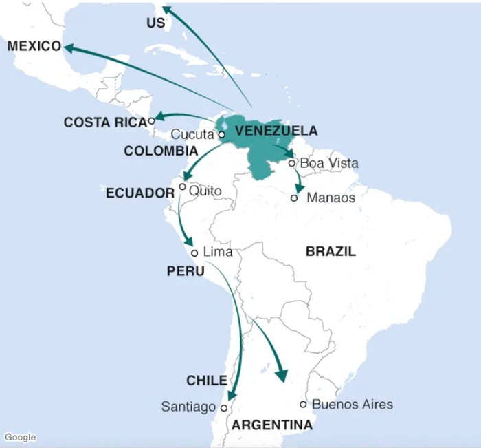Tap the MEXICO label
(34, 46)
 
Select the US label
(156, 23)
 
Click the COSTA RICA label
(105, 122)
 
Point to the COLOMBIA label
(161, 151)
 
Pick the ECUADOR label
(139, 193)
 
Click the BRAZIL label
(331, 252)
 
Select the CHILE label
(206, 381)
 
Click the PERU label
(186, 272)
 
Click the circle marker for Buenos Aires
(303, 405)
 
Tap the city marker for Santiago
(224, 408)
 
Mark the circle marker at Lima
(194, 253)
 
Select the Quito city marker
(182, 186)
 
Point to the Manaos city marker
(294, 198)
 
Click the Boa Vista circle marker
(292, 163)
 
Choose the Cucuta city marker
(222, 135)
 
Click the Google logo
(20, 438)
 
